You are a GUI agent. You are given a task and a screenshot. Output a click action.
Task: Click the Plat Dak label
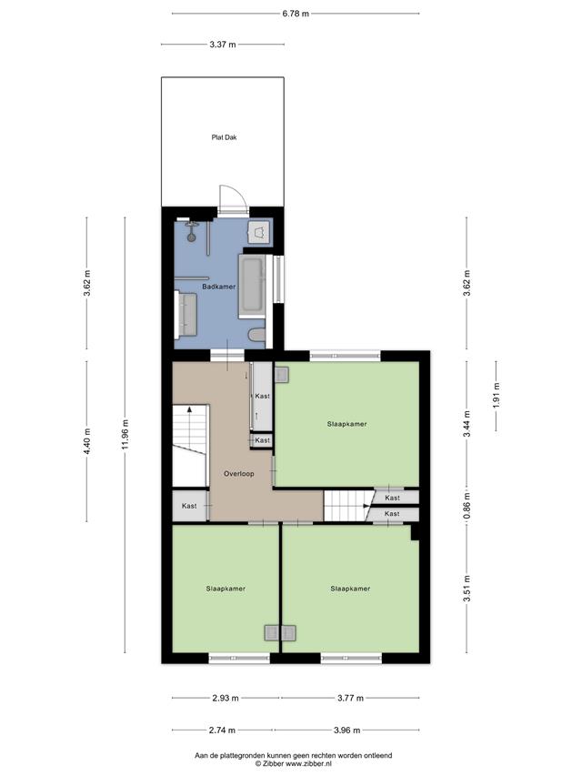pyautogui.click(x=224, y=137)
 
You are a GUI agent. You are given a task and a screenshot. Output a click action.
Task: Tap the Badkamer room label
pyautogui.click(x=219, y=287)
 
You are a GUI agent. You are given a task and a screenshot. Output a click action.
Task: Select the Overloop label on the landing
pyautogui.click(x=239, y=474)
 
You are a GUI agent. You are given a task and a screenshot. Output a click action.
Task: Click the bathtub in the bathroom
pyautogui.click(x=253, y=286)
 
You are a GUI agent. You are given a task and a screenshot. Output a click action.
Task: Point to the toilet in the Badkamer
pyautogui.click(x=257, y=335)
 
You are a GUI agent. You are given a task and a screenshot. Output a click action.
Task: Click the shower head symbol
pyautogui.click(x=192, y=233)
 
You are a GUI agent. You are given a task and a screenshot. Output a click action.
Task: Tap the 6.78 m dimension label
pyautogui.click(x=296, y=14)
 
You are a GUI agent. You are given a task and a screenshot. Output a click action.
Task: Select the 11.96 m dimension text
pyautogui.click(x=125, y=435)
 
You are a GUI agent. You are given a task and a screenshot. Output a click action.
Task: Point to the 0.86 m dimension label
pyautogui.click(x=467, y=505)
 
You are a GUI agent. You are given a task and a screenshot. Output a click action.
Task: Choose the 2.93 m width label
pyautogui.click(x=226, y=699)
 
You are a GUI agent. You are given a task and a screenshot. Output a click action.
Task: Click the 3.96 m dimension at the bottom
pyautogui.click(x=346, y=730)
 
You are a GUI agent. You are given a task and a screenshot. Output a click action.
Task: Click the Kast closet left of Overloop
pyautogui.click(x=189, y=506)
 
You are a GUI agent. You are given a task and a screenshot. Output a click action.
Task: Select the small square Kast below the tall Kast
pyautogui.click(x=262, y=440)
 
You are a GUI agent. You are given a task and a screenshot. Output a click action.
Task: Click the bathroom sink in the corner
pyautogui.click(x=259, y=232)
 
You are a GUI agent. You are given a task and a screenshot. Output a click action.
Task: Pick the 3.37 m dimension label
pyautogui.click(x=223, y=45)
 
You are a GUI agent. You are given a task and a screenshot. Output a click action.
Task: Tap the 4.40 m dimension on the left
pyautogui.click(x=87, y=441)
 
